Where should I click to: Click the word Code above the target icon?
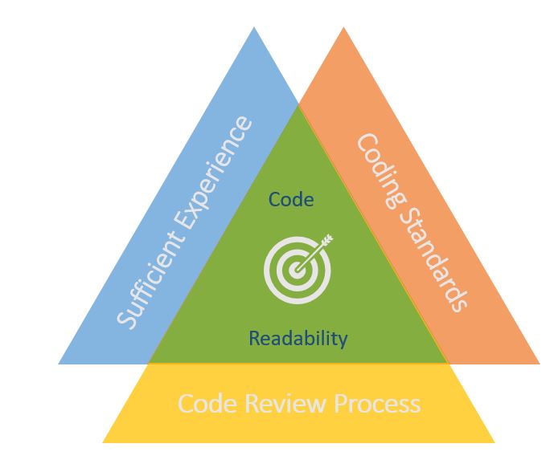291,199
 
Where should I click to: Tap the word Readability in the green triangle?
298,338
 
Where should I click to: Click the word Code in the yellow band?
204,402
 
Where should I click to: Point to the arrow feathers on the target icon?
326,239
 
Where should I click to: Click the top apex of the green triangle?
299,104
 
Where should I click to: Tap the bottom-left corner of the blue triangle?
60,363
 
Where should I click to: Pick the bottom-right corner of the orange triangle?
539,363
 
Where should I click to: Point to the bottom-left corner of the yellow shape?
103,442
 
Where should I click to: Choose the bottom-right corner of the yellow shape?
494,442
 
